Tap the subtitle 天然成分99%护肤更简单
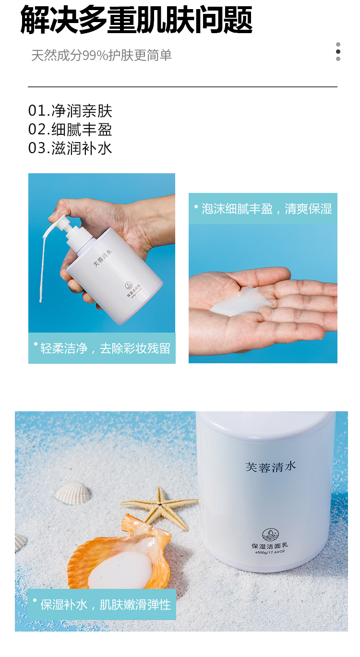[x=101, y=55]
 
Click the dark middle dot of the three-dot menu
[x=338, y=52]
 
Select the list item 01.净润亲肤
[x=70, y=111]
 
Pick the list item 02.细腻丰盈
[x=70, y=130]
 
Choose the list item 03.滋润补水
[x=70, y=148]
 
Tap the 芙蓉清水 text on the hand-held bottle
[x=102, y=258]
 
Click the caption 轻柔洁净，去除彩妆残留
[x=105, y=348]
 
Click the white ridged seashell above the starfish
[x=73, y=494]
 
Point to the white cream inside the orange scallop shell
[x=120, y=570]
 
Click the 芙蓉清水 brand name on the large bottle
[x=271, y=466]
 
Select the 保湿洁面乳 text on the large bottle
[x=270, y=546]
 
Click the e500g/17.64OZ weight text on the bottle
[x=270, y=552]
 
